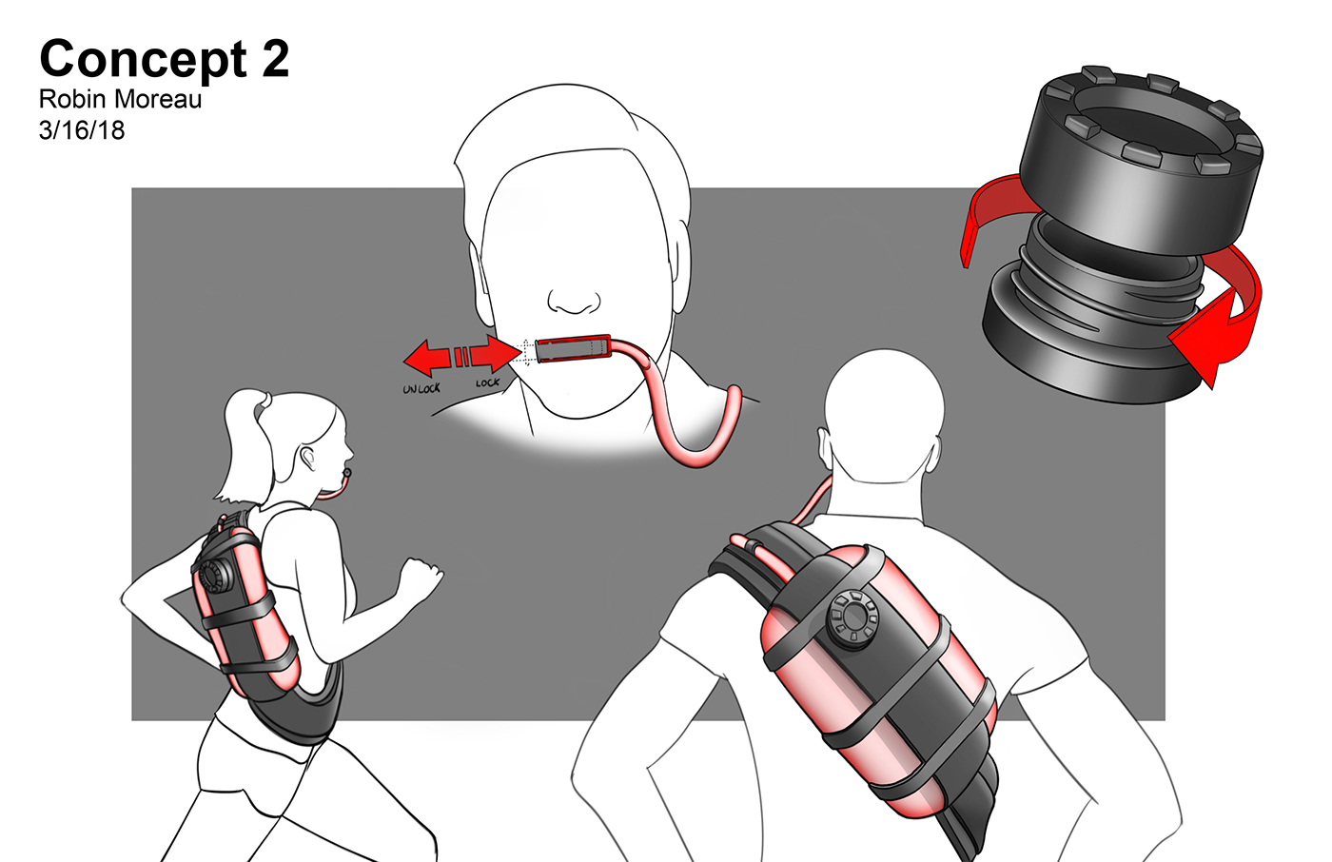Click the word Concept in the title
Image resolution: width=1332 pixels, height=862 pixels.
(x=143, y=59)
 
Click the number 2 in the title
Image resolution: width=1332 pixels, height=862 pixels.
(x=275, y=59)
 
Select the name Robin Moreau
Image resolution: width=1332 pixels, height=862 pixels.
(x=120, y=99)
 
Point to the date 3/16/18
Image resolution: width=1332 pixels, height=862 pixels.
(x=82, y=129)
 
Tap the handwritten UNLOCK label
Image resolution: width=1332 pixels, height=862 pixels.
(x=421, y=388)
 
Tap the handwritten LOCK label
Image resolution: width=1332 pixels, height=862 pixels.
(x=487, y=382)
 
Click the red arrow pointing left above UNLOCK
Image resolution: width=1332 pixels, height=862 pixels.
(x=426, y=358)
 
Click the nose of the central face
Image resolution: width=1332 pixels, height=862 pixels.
(x=575, y=302)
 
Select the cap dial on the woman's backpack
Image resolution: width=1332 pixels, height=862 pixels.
(x=215, y=576)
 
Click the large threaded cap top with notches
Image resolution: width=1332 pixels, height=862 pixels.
(x=1142, y=157)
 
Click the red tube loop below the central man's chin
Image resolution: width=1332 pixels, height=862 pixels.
(x=699, y=447)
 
